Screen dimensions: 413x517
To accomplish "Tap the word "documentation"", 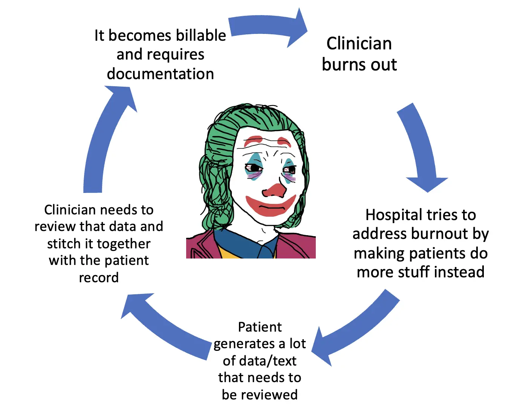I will [x=160, y=74].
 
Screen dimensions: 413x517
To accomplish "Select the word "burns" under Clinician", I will [x=343, y=64].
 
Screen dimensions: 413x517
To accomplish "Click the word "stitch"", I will [x=61, y=243].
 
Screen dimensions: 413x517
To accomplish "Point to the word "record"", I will [x=99, y=278].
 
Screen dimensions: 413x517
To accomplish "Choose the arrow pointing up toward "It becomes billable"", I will [x=106, y=139].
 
